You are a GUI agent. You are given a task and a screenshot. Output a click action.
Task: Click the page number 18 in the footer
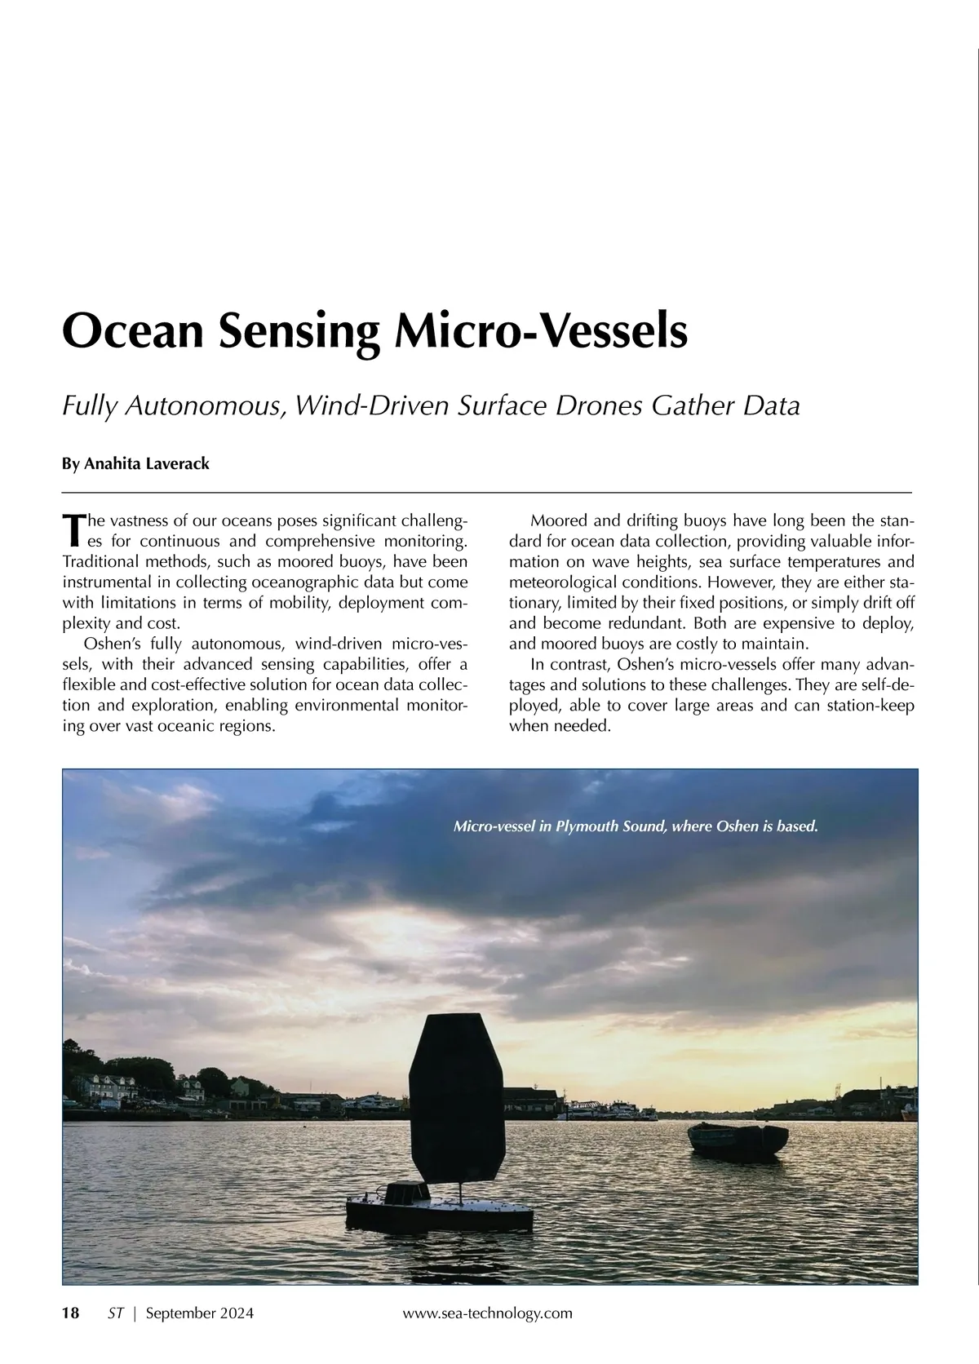point(71,1313)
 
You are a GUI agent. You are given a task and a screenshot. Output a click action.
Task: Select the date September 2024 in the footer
point(199,1313)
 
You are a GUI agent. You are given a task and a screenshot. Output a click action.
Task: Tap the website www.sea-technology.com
point(488,1313)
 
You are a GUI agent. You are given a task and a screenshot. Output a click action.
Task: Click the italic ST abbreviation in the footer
point(116,1313)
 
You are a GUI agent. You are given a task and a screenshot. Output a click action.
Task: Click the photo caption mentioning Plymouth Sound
point(635,827)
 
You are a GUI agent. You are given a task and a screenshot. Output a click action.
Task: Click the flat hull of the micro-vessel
point(441,1216)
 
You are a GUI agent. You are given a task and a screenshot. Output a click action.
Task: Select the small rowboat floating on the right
point(738,1139)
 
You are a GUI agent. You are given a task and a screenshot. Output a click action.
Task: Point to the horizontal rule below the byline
point(487,493)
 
